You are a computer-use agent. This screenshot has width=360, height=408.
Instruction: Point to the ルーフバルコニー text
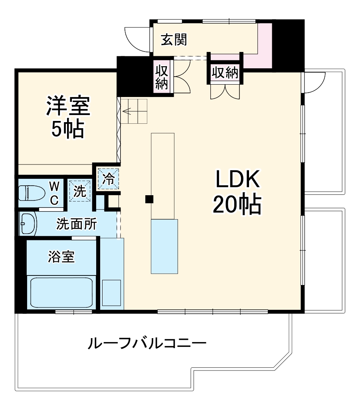[147, 343]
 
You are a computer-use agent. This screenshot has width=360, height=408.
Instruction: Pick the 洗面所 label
[76, 224]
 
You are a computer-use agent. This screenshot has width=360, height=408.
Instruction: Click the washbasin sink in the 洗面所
[28, 224]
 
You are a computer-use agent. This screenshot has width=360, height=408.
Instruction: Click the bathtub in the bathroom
[61, 293]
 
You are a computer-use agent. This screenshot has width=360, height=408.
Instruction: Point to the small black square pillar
[149, 199]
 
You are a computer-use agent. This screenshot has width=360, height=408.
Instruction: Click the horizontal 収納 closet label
[225, 73]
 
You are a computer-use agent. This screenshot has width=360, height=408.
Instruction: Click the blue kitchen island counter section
[164, 246]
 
